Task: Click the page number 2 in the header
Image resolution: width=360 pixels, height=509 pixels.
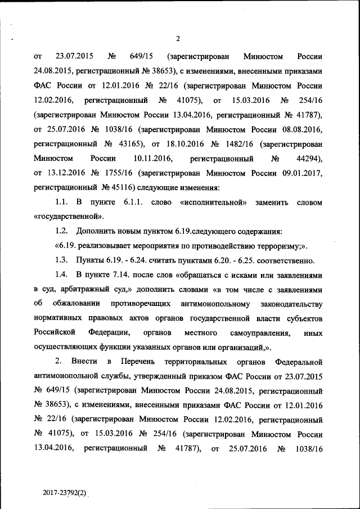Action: (178, 38)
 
